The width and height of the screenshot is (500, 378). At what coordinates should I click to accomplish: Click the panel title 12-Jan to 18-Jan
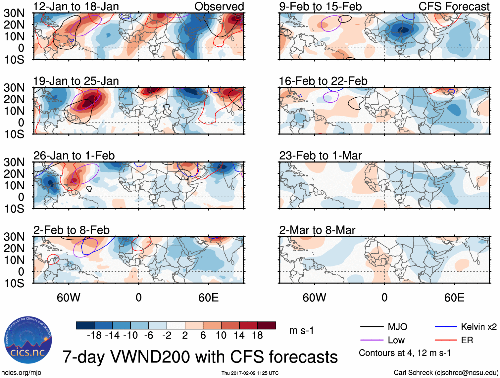[76, 6]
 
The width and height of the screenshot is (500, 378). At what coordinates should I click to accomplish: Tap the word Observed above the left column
[219, 6]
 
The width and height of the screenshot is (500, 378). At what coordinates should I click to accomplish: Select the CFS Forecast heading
[454, 6]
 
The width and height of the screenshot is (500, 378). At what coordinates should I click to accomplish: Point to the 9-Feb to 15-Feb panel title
[320, 6]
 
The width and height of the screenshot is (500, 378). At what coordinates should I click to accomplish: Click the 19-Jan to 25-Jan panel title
[76, 81]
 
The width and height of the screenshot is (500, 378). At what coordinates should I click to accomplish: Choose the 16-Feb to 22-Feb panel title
[323, 81]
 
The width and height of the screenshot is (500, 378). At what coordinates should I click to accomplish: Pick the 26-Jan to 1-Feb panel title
[74, 156]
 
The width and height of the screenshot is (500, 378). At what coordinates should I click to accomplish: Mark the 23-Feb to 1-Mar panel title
[320, 156]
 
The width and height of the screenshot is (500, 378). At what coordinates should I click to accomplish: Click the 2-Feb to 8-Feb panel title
[71, 230]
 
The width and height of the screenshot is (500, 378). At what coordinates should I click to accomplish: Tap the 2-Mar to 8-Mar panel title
[317, 230]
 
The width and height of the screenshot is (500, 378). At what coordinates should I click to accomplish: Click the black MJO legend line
[372, 327]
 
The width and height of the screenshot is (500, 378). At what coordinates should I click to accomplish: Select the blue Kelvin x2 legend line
[446, 327]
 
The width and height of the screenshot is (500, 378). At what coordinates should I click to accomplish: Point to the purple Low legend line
[372, 340]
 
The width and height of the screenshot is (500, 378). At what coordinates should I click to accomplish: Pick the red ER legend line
[446, 340]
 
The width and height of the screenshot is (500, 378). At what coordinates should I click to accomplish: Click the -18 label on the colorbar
[94, 336]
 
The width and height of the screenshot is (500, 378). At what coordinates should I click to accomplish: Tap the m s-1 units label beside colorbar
[301, 331]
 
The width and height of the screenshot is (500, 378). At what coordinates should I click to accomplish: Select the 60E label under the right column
[454, 298]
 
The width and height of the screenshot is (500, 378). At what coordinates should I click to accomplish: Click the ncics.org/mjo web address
[21, 373]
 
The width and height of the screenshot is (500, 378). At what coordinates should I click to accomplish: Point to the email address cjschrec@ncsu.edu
[466, 373]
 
